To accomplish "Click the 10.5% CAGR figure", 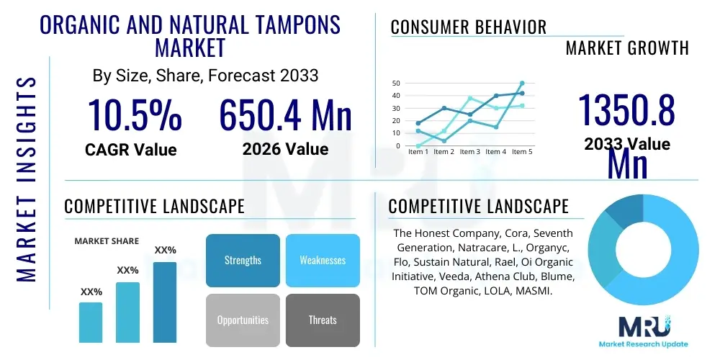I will [135, 115].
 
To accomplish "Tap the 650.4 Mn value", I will [285, 115].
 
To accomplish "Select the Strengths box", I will [243, 260].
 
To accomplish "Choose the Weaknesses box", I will [323, 260].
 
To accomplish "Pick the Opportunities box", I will [243, 320].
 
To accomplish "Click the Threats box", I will [323, 320].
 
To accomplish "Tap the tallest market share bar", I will [165, 302].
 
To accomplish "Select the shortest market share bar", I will [91, 322].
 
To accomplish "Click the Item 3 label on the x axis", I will [469, 152].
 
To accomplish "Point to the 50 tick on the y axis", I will [396, 84].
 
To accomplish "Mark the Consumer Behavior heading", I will [469, 27].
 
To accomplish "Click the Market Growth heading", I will [627, 48].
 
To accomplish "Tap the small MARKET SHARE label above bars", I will [107, 241].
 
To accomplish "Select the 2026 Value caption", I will [285, 150].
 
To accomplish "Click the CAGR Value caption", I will [130, 150].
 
